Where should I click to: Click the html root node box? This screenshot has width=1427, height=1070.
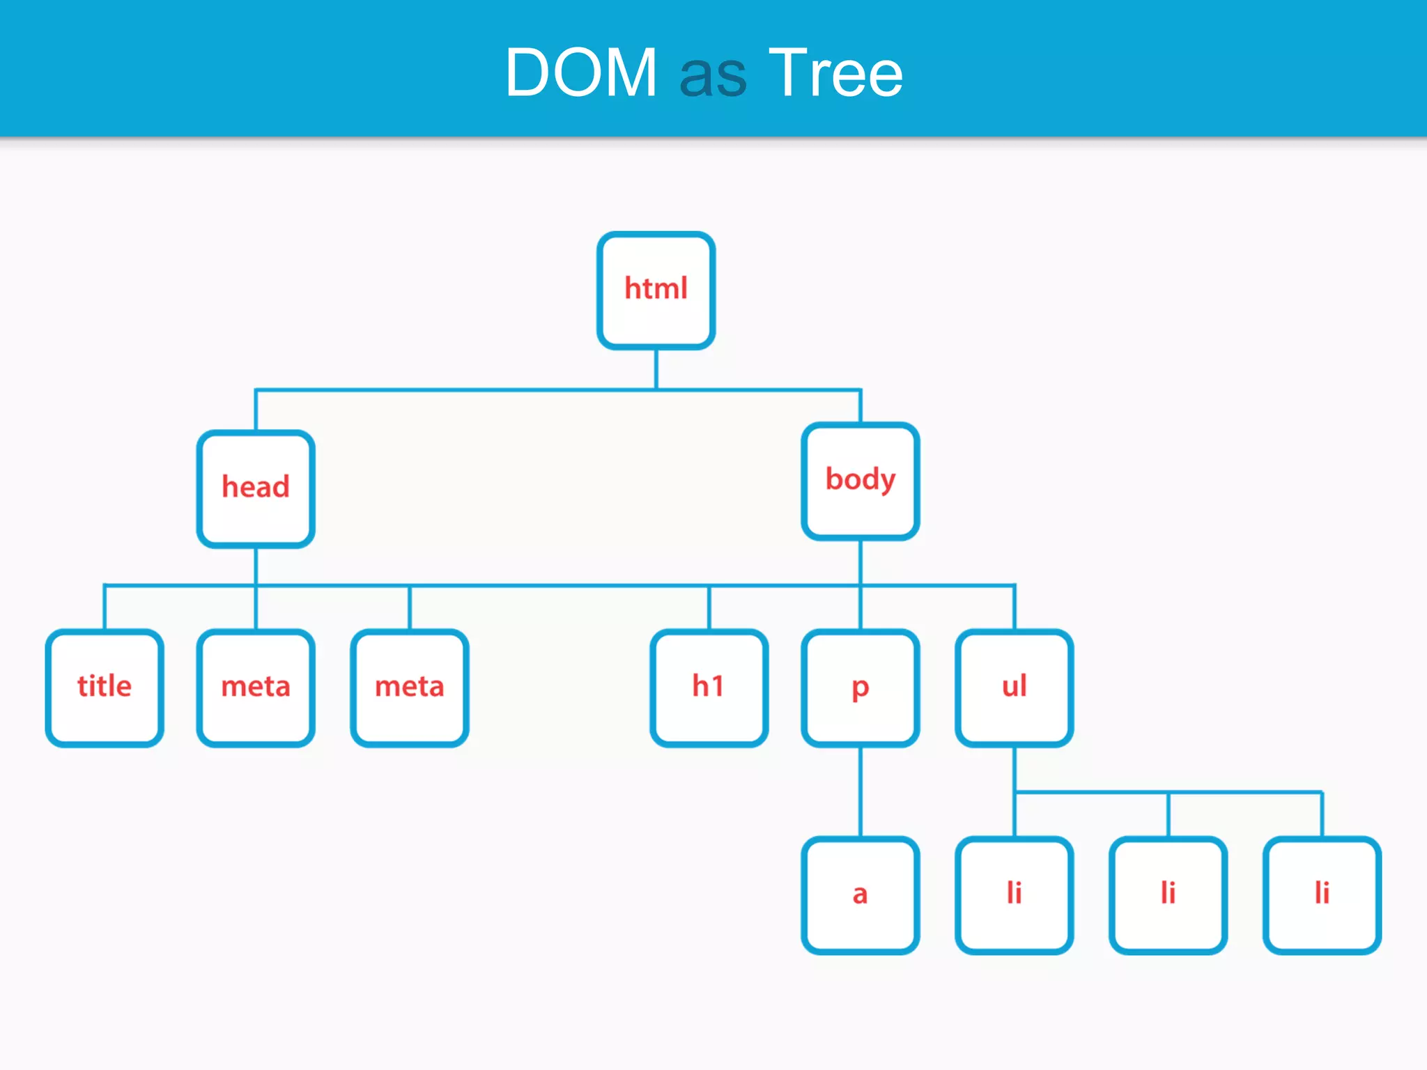point(656,290)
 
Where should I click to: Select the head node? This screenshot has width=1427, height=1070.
point(256,488)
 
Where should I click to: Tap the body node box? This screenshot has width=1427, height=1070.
point(861,481)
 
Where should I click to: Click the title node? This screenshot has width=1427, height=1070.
point(105,688)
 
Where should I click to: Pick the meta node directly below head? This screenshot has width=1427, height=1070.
point(256,688)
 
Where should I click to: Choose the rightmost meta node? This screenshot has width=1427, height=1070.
point(410,688)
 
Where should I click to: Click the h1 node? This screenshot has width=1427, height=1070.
point(709,688)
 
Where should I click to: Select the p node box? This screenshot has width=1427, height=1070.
point(861,688)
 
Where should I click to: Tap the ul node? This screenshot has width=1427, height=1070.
point(1015,688)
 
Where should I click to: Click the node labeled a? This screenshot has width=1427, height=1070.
point(861,894)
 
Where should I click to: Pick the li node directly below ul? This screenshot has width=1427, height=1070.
point(1015,894)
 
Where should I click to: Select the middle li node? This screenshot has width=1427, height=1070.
point(1168,894)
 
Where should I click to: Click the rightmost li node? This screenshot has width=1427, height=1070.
point(1322,894)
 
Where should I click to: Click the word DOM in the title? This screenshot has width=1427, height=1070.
point(581,72)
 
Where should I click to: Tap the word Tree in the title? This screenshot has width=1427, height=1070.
point(835,72)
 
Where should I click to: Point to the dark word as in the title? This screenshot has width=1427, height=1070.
point(713,77)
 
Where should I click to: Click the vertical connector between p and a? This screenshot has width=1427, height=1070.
point(861,792)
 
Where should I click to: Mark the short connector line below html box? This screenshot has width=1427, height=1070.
point(656,369)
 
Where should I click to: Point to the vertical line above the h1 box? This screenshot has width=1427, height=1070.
point(709,607)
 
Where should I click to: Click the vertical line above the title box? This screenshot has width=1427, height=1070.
point(105,607)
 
